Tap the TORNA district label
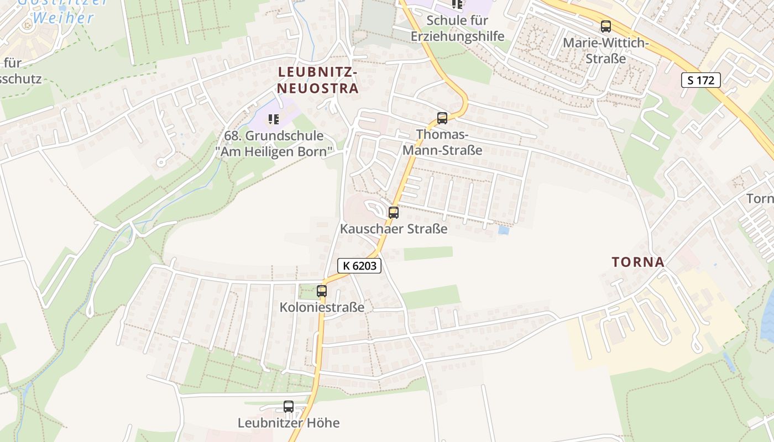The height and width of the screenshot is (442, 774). point(638,262)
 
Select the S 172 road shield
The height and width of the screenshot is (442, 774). point(701,80)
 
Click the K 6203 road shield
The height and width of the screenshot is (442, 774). point(359,266)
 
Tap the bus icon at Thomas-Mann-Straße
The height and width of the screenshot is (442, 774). point(442,118)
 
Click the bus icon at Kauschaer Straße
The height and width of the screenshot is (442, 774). point(393,212)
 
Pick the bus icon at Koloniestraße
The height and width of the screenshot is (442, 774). point(322,291)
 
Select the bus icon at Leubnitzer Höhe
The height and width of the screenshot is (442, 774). point(289,407)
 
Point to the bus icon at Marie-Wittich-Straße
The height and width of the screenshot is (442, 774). point(606,26)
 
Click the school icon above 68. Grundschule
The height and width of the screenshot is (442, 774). point(273,119)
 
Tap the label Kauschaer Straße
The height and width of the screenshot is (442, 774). point(394,228)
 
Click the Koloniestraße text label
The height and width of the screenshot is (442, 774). point(322,307)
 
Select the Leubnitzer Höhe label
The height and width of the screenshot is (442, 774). point(289,423)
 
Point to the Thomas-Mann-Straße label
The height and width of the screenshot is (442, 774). point(442,142)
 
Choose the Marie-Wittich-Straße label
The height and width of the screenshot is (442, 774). point(606,50)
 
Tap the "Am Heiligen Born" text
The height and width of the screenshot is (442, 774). point(274,151)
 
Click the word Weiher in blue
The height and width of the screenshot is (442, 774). point(64,18)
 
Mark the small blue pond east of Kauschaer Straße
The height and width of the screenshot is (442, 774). point(503,230)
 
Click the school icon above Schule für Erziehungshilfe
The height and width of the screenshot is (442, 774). point(457,4)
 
